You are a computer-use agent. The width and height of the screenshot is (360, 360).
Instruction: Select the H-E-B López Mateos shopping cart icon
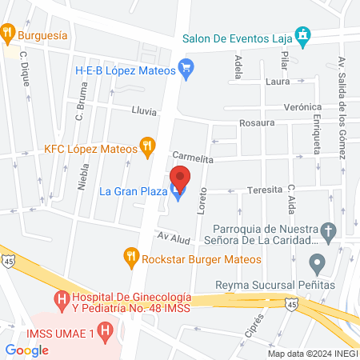187,69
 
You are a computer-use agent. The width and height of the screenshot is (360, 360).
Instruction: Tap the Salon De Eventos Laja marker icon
302,36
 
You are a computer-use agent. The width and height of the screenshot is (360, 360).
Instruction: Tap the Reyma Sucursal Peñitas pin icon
318,263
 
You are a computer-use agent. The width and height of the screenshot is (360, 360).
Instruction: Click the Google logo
27,350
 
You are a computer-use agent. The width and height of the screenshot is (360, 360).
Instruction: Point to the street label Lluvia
144,113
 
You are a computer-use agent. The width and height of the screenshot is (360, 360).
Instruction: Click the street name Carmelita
192,158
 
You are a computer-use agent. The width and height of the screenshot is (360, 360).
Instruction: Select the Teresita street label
265,190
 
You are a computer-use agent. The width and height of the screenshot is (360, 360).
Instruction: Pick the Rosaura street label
258,123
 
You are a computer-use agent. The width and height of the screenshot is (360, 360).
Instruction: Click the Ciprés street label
254,324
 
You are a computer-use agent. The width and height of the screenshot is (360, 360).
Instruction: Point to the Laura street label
278,81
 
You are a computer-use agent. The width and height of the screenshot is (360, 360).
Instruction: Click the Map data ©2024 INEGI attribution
311,353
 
